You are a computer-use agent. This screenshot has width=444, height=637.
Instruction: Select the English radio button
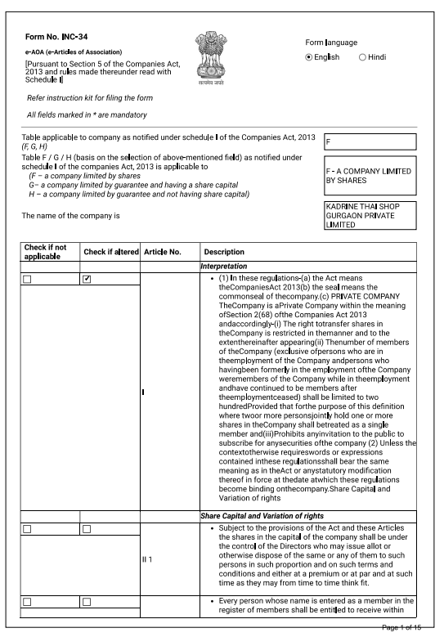coord(309,57)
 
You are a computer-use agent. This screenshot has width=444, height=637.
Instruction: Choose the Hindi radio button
coord(362,57)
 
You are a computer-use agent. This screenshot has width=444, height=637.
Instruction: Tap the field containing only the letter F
coord(370,142)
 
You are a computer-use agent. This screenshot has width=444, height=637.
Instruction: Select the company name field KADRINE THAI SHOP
coord(370,216)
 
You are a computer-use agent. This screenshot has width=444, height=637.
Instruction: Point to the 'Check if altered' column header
coord(110,252)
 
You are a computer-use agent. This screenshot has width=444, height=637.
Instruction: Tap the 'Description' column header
coord(224,252)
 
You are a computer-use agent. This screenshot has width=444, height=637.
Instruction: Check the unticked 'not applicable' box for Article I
coord(28,280)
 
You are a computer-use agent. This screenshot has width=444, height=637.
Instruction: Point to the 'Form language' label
coord(331,42)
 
